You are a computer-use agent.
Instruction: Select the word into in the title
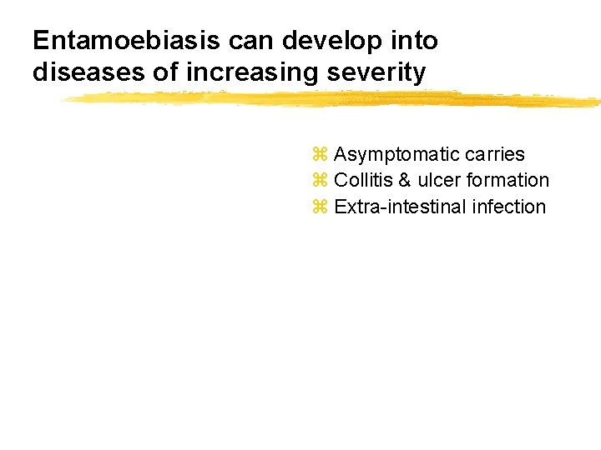point(416,41)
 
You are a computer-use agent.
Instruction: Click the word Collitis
point(364,181)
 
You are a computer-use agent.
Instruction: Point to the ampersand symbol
point(406,181)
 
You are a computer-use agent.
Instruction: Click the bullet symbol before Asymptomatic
point(320,155)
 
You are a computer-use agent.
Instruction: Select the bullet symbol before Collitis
point(320,181)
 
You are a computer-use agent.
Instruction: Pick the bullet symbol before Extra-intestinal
point(320,207)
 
